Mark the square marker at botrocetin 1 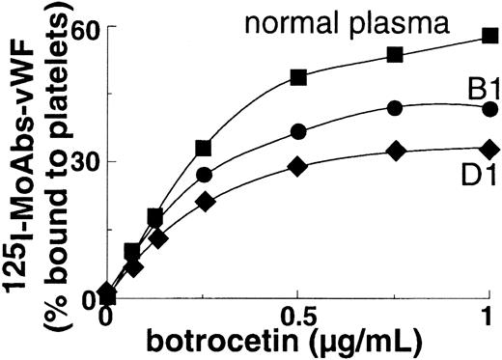coord(490,36)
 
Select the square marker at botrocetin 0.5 coord(298,76)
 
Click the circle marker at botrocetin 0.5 coord(298,131)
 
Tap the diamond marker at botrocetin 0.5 coord(298,166)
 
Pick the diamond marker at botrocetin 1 coord(490,149)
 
